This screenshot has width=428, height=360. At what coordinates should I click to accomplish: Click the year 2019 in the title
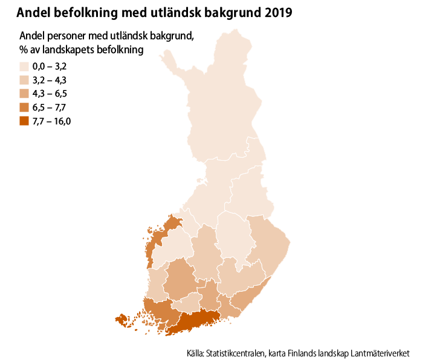[x=278, y=12]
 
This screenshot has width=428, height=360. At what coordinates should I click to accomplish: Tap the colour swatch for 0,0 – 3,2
[x=25, y=66]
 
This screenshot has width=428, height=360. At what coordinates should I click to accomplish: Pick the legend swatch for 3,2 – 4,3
[x=25, y=80]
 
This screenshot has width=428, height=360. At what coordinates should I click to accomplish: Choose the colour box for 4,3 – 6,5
[x=25, y=94]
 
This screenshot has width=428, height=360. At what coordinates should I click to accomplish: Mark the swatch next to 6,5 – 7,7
[x=25, y=107]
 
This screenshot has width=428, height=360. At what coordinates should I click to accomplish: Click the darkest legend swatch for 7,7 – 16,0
[x=25, y=121]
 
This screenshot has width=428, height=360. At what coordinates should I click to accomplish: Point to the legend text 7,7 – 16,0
[x=52, y=121]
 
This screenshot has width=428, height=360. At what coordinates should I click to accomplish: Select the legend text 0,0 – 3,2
[x=49, y=66]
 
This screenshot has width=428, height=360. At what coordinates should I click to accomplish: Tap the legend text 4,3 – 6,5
[x=49, y=94]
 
